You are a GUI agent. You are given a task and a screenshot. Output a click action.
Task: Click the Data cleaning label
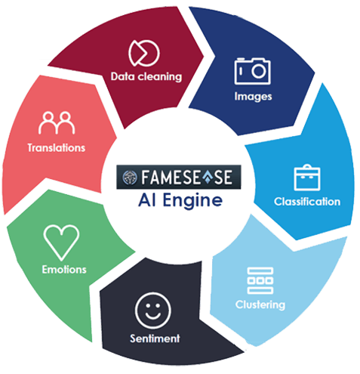[x=146, y=76]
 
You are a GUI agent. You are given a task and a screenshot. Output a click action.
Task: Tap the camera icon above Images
[x=252, y=71]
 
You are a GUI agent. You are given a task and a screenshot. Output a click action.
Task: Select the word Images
[x=253, y=97]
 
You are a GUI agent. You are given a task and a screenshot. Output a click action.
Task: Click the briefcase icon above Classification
[x=307, y=178]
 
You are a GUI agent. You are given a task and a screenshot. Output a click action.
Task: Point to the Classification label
[x=307, y=202]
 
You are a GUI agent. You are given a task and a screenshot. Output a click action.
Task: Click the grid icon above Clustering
[x=260, y=280]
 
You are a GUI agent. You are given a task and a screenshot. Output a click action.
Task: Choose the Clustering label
[x=260, y=304]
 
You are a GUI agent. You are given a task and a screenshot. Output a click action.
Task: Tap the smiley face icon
[x=153, y=311]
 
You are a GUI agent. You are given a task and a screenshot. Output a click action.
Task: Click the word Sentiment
[x=155, y=338]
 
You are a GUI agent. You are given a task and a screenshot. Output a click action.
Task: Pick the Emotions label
[x=64, y=270]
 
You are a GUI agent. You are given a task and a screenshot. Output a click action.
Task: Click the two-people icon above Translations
[x=57, y=122]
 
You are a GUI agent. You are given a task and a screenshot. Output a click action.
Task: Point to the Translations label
[x=57, y=148]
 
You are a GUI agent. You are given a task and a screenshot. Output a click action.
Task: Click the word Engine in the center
[x=192, y=201]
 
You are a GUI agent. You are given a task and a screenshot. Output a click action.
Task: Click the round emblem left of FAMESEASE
[x=130, y=178]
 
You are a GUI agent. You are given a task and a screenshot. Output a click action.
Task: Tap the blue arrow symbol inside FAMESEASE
[x=208, y=176]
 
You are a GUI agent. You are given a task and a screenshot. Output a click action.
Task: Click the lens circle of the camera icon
[x=259, y=71]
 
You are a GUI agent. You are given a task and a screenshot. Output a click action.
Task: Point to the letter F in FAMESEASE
[x=146, y=177]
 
